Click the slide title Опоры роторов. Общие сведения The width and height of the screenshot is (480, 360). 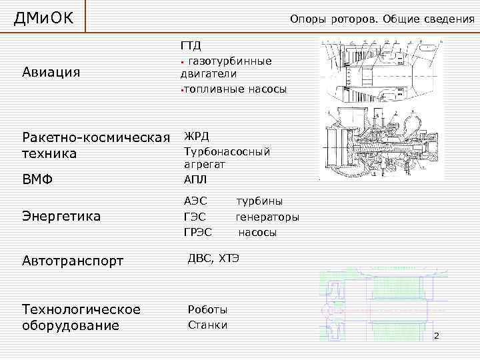[x=382, y=19]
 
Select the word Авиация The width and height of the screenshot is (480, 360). [x=51, y=72]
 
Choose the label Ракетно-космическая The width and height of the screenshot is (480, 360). [x=96, y=137]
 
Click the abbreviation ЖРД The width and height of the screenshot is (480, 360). [x=196, y=136]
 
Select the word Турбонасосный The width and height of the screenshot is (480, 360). [x=227, y=151]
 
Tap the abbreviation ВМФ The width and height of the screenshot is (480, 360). [x=37, y=179]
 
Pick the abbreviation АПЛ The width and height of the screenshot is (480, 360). [x=195, y=179]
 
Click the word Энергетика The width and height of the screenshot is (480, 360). [x=61, y=216]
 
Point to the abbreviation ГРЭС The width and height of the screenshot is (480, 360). [x=197, y=233]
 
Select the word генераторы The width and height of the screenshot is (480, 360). [x=267, y=217]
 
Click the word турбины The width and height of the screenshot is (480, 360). [x=259, y=201]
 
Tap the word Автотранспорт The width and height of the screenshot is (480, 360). [x=73, y=261]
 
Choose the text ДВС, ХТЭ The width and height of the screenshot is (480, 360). [x=213, y=258]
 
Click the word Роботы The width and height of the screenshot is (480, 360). [x=207, y=309]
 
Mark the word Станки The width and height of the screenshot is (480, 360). [x=207, y=325]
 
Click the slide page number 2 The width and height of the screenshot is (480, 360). [x=437, y=335]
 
